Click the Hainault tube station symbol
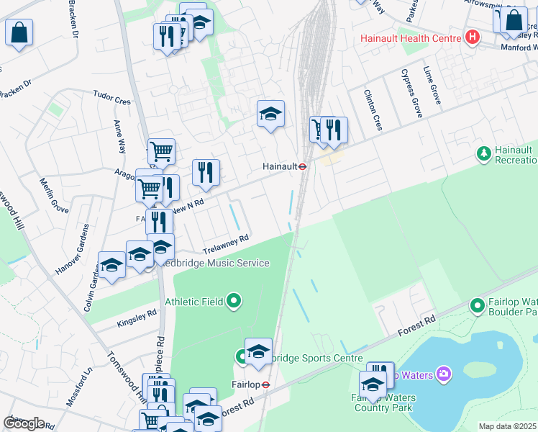[x=304, y=166]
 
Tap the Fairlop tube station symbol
[x=265, y=384]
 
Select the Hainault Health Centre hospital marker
[x=473, y=36]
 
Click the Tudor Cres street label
[x=111, y=97]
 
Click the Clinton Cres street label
[x=373, y=110]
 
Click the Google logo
[x=24, y=423]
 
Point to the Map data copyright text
[x=507, y=426]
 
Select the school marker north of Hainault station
[x=270, y=114]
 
